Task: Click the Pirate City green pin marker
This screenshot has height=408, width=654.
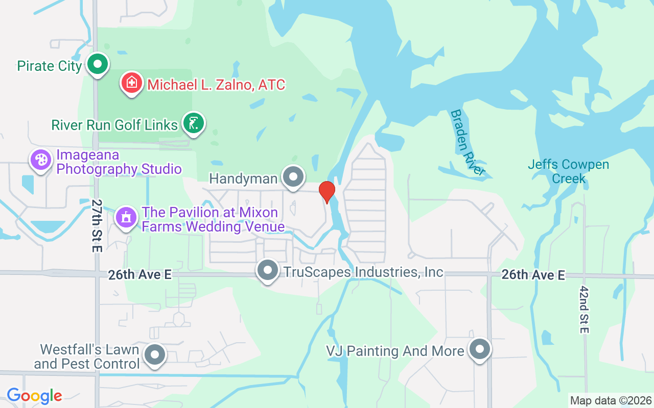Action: [x=98, y=65]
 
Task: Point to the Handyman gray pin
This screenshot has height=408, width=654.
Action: [x=293, y=177]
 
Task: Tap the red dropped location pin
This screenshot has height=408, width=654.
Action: [x=326, y=192]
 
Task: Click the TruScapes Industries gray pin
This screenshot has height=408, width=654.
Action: [x=268, y=271]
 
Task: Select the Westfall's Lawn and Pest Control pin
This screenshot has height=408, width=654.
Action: [x=155, y=355]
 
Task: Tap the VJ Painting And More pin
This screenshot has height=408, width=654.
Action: [x=480, y=350]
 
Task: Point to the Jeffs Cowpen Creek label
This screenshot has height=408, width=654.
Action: [x=568, y=171]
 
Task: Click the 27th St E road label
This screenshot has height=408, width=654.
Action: [x=97, y=225]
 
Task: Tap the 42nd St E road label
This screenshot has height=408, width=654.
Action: [x=585, y=309]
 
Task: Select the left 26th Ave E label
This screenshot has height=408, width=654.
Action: [x=139, y=275]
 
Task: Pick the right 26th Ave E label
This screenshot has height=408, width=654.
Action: [x=533, y=275]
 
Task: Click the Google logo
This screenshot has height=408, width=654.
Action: [x=34, y=396]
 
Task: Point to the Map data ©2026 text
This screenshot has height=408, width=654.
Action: [x=611, y=400]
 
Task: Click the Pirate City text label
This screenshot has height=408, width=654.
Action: [x=50, y=66]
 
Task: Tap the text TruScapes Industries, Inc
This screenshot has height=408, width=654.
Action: [x=363, y=272]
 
